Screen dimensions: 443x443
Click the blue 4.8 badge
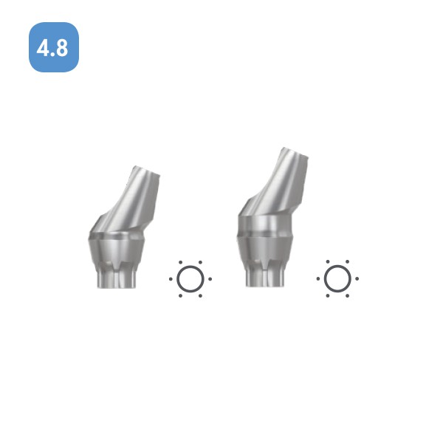(54, 47)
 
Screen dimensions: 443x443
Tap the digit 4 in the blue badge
(43, 48)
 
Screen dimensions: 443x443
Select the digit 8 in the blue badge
(61, 48)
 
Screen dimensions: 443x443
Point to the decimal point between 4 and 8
(52, 54)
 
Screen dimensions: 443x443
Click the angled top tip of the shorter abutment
(147, 171)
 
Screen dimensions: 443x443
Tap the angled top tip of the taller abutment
(295, 152)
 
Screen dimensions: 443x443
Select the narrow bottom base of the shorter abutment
(117, 280)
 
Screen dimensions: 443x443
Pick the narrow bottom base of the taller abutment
(265, 278)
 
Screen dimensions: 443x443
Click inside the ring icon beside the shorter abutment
(190, 279)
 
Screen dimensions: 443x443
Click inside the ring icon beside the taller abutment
(337, 278)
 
